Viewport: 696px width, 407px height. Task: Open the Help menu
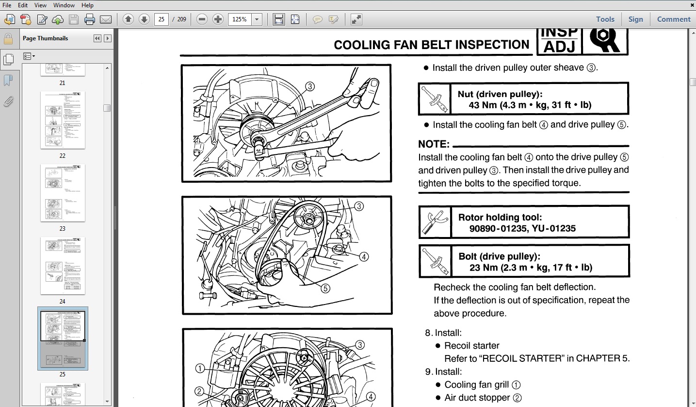click(87, 5)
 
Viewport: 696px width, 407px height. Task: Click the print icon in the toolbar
click(90, 19)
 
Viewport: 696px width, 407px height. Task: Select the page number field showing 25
click(161, 19)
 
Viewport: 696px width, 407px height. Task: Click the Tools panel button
click(605, 19)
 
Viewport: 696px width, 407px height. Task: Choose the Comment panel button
click(673, 19)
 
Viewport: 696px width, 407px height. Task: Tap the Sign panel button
click(635, 19)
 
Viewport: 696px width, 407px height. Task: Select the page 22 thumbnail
click(63, 120)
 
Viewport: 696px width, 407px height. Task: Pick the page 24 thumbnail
click(63, 266)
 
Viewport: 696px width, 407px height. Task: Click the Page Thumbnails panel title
click(45, 38)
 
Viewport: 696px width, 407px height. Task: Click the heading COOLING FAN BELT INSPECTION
click(431, 45)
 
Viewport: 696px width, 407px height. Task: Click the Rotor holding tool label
click(500, 217)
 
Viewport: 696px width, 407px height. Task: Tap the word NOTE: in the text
click(434, 144)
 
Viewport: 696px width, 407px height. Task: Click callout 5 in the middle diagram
click(325, 288)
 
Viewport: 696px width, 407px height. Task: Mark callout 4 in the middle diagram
click(364, 257)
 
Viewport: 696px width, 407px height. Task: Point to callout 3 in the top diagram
click(310, 86)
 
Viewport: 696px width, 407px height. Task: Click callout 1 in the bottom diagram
click(200, 369)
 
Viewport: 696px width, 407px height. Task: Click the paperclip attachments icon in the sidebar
click(8, 102)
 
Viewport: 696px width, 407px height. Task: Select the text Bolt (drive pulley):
click(499, 256)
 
